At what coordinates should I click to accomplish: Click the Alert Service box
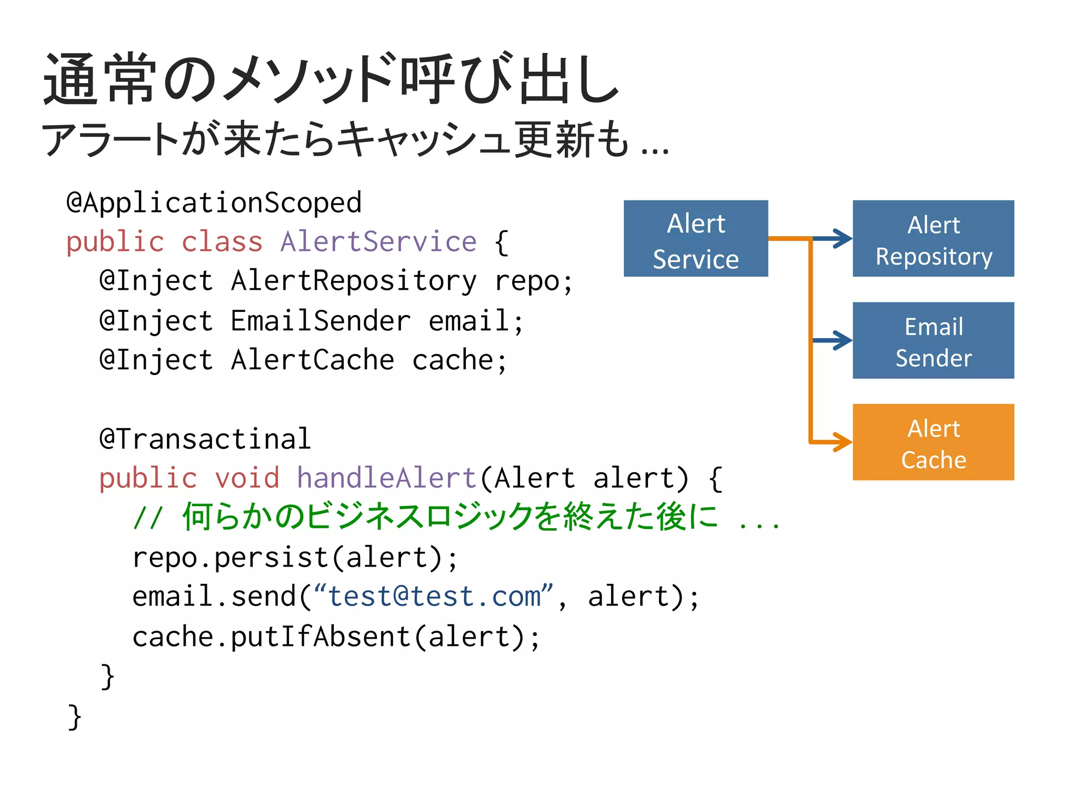pos(695,238)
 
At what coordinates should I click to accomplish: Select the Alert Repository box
pos(933,238)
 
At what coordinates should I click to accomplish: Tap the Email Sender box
pos(933,340)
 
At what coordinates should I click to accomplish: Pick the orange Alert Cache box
pos(933,442)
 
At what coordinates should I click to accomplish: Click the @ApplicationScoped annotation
pos(214,203)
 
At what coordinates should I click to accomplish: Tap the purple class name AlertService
pos(378,242)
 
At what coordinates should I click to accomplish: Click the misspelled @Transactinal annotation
pos(205,439)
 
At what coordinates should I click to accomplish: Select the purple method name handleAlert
pos(386,478)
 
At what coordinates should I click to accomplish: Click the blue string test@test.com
pos(434,597)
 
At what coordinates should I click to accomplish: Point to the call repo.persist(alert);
pos(295,558)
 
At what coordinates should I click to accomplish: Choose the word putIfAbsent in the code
pos(320,637)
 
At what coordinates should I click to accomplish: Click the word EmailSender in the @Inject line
pos(320,321)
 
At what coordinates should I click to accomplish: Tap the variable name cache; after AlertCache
pos(459,360)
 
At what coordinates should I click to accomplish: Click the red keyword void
pos(246,478)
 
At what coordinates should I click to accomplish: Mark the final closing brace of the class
pos(75,716)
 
